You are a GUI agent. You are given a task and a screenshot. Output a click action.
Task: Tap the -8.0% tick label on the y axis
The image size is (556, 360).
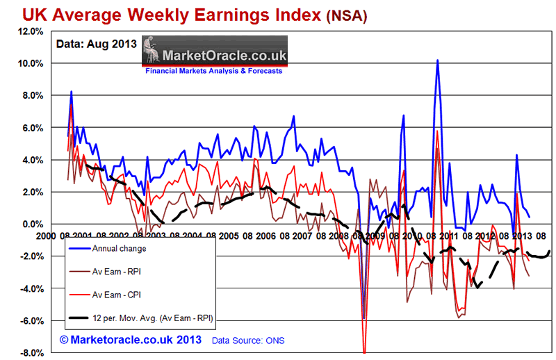coord(33,353)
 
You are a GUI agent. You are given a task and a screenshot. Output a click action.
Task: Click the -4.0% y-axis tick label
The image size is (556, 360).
coord(33,288)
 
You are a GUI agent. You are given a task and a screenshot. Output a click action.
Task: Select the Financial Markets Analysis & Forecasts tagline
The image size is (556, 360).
coord(214,71)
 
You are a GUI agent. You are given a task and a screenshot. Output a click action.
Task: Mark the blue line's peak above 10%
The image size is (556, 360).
coord(437,60)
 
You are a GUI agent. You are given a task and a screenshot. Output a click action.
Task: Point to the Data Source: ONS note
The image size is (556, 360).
coord(248,341)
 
